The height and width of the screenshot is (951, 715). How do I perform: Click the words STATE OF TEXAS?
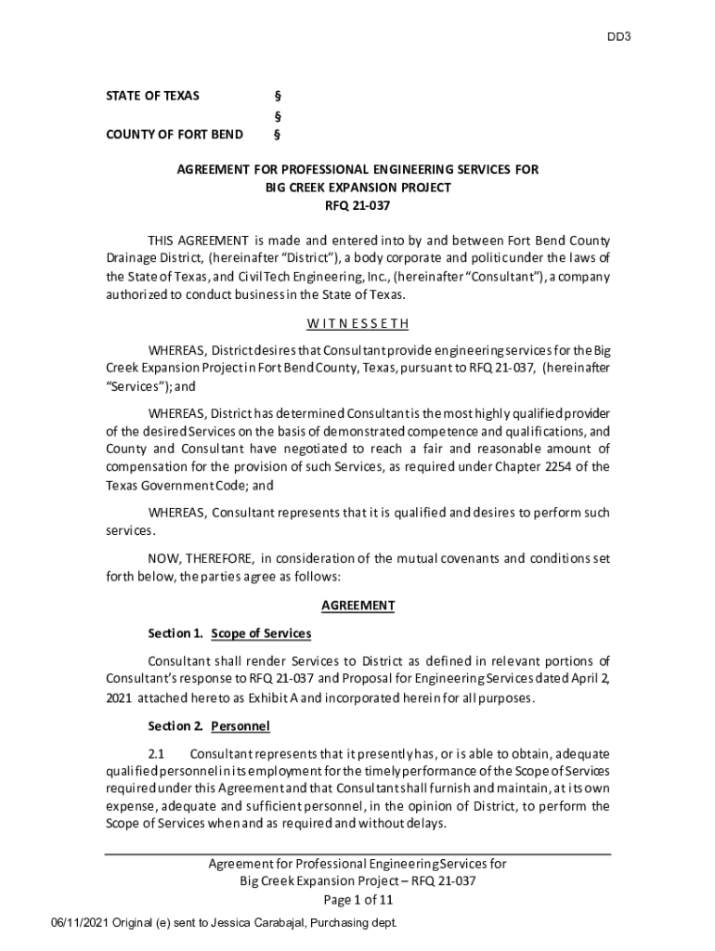(x=152, y=97)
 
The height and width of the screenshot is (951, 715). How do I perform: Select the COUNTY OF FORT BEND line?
(x=175, y=135)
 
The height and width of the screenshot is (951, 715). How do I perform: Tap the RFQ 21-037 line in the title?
(x=357, y=205)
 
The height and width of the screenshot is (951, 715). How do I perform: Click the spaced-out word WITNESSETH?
(x=357, y=324)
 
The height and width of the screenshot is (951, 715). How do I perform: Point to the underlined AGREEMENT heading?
(x=357, y=606)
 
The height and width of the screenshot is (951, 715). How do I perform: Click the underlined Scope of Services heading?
(x=261, y=633)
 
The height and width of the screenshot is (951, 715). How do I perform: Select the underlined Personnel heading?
(x=240, y=725)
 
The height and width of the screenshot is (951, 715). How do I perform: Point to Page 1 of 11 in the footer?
(x=357, y=900)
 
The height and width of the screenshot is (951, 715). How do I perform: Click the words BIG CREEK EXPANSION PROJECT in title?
(x=357, y=188)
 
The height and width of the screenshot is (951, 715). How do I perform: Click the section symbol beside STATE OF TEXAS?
(x=277, y=97)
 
